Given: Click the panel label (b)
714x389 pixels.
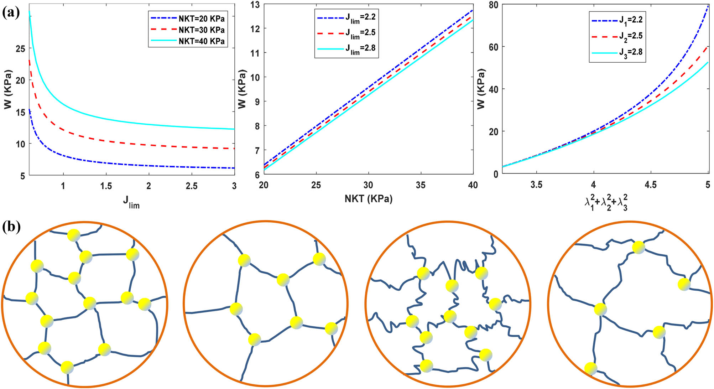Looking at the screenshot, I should click(x=11, y=226).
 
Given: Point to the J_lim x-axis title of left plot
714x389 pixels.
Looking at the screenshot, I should click(x=131, y=202).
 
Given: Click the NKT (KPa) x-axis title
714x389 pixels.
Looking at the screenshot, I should click(x=368, y=198).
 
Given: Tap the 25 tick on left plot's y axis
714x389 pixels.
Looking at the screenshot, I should click(x=20, y=49).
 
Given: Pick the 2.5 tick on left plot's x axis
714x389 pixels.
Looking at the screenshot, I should click(x=192, y=186).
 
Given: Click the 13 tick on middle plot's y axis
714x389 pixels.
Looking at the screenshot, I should click(x=255, y=5).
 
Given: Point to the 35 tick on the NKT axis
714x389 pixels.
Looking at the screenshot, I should click(x=421, y=185).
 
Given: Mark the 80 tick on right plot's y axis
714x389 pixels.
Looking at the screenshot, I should click(x=493, y=5).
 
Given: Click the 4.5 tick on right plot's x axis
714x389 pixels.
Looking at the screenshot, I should click(x=651, y=185).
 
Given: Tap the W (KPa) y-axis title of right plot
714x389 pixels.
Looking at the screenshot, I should click(x=481, y=89).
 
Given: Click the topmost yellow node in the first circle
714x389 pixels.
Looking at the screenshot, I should click(x=74, y=235).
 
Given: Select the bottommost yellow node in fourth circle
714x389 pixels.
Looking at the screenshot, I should click(x=590, y=368).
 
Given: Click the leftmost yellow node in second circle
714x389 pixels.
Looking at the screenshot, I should click(x=236, y=309).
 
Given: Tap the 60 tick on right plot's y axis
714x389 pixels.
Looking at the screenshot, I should click(x=493, y=47).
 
